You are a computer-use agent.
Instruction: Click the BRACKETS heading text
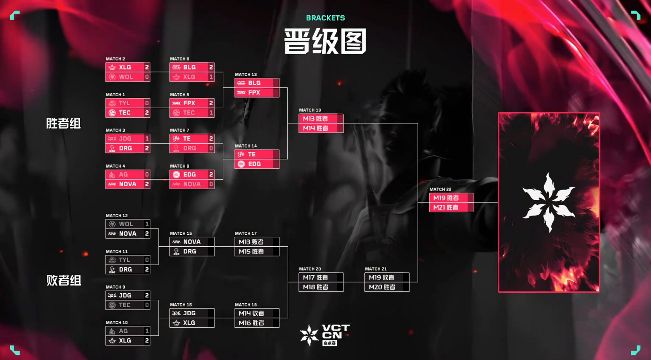pyautogui.click(x=325, y=18)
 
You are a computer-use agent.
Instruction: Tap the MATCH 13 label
pyautogui.click(x=246, y=75)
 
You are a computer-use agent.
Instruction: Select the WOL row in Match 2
pyautogui.click(x=128, y=77)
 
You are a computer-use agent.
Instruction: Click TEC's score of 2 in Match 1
pyautogui.click(x=147, y=112)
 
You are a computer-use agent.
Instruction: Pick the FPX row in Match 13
pyautogui.click(x=257, y=92)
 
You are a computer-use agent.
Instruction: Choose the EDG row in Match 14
pyautogui.click(x=257, y=164)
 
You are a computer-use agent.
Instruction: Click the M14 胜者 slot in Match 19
pyautogui.click(x=321, y=128)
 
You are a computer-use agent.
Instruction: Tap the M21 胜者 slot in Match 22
pyautogui.click(x=451, y=207)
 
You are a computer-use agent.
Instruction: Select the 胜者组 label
pyautogui.click(x=63, y=123)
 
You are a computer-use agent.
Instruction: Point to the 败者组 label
pyautogui.click(x=63, y=280)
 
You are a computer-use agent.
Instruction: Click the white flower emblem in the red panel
pyautogui.click(x=549, y=202)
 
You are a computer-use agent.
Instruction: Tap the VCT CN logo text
pyautogui.click(x=336, y=332)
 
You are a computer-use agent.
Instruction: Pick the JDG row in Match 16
pyautogui.click(x=192, y=313)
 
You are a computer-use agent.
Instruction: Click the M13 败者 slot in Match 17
pyautogui.click(x=257, y=242)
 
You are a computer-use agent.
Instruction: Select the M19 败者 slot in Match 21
pyautogui.click(x=387, y=277)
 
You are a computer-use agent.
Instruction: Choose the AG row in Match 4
pyautogui.click(x=128, y=175)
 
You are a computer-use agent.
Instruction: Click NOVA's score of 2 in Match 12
pyautogui.click(x=147, y=233)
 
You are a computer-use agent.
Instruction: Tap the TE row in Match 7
pyautogui.click(x=192, y=139)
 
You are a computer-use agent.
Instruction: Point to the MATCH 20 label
pyautogui.click(x=310, y=269)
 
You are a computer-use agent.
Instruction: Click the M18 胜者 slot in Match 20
pyautogui.click(x=321, y=287)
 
